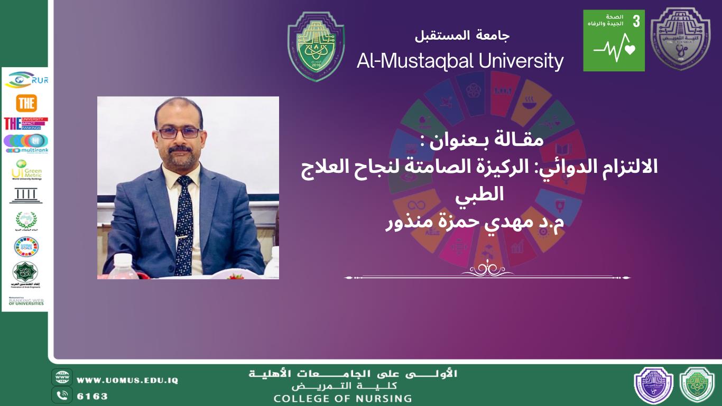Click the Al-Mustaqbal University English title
(460, 61)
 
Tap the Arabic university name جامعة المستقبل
(462, 36)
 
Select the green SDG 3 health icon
(614, 40)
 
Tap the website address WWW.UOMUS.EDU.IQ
(127, 380)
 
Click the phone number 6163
(92, 396)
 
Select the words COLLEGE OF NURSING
(342, 399)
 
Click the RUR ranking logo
(26, 80)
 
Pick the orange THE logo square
(26, 103)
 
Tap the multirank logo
(25, 143)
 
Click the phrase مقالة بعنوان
(469, 141)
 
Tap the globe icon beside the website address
(62, 377)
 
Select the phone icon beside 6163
(62, 395)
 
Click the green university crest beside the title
(316, 47)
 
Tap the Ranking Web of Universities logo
(25, 301)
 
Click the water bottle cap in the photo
(122, 259)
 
